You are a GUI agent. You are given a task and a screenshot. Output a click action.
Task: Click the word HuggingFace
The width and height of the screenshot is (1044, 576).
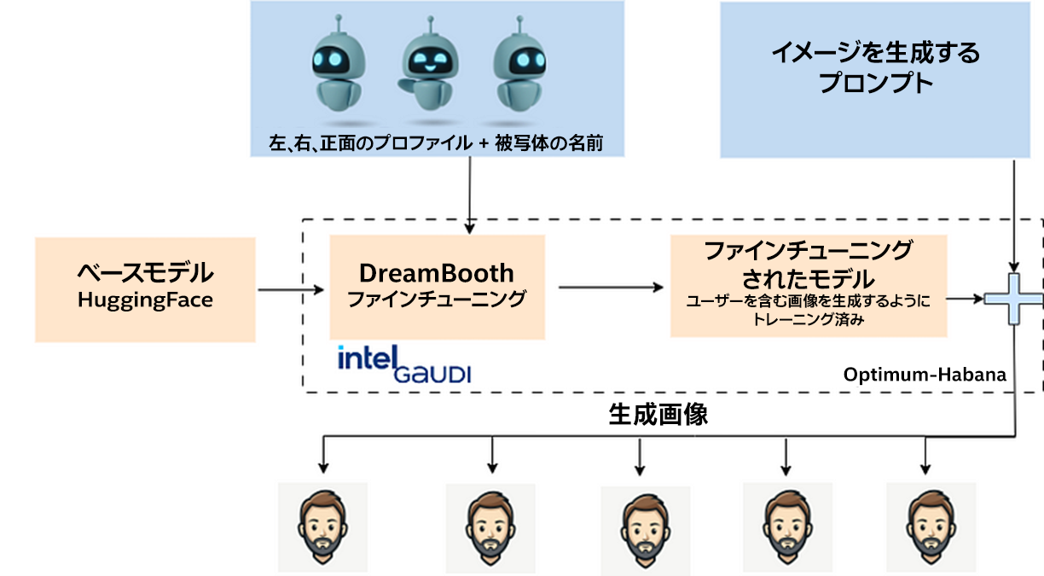click(x=145, y=300)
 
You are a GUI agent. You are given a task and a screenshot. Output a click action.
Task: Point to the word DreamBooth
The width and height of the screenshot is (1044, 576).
click(x=437, y=273)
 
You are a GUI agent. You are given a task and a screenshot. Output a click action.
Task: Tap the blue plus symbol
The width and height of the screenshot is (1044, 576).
click(x=1013, y=298)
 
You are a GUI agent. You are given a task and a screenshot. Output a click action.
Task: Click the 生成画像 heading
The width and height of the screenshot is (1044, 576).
click(x=658, y=415)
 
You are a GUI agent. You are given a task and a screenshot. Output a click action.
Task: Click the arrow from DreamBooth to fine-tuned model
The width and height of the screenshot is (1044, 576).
click(x=610, y=288)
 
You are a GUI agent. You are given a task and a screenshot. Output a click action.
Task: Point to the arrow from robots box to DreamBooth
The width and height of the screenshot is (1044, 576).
click(x=469, y=196)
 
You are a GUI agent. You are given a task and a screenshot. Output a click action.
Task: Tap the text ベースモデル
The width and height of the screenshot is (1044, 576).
click(x=145, y=274)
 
